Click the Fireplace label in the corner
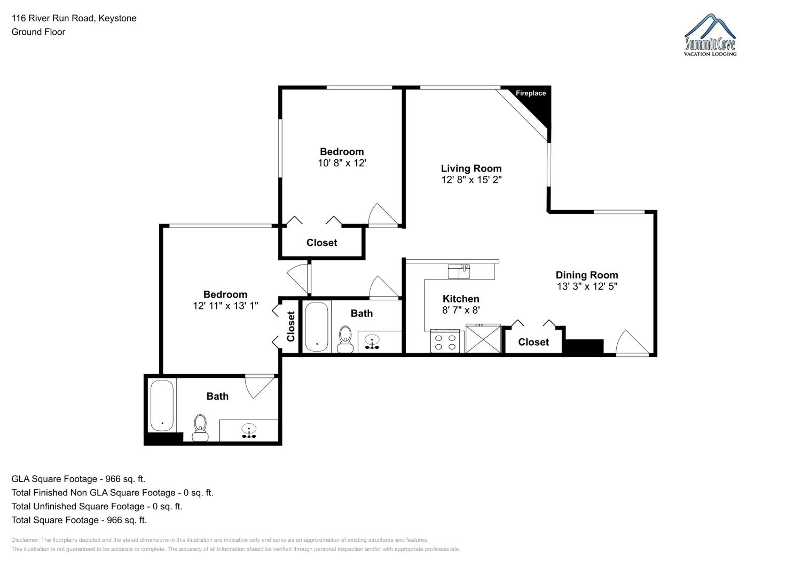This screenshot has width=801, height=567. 531,93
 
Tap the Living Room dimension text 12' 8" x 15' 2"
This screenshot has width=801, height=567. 471,180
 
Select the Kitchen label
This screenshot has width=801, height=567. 461,299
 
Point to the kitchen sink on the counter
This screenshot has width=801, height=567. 459,271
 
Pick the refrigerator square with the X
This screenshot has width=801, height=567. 483,339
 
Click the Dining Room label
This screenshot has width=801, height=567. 587,275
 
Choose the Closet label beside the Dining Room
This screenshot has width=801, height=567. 533,342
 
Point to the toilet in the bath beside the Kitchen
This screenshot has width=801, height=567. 345,339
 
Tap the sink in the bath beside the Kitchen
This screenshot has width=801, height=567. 372,341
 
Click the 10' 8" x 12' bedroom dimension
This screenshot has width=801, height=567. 342,163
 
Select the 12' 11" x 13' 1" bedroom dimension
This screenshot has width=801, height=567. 225,306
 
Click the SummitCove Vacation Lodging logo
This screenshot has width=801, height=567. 710,35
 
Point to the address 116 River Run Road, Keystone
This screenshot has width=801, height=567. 74,18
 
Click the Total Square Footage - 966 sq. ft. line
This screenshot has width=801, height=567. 79,520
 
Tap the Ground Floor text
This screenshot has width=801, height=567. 38,32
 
